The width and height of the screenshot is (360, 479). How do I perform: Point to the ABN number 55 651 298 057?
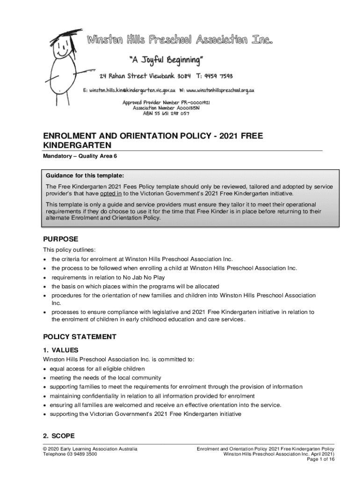click(x=178, y=113)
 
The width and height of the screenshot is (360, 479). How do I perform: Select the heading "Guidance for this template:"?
click(x=85, y=176)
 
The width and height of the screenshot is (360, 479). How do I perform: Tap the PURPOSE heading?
click(x=61, y=239)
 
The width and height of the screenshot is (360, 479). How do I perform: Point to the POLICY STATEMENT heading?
click(x=79, y=337)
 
